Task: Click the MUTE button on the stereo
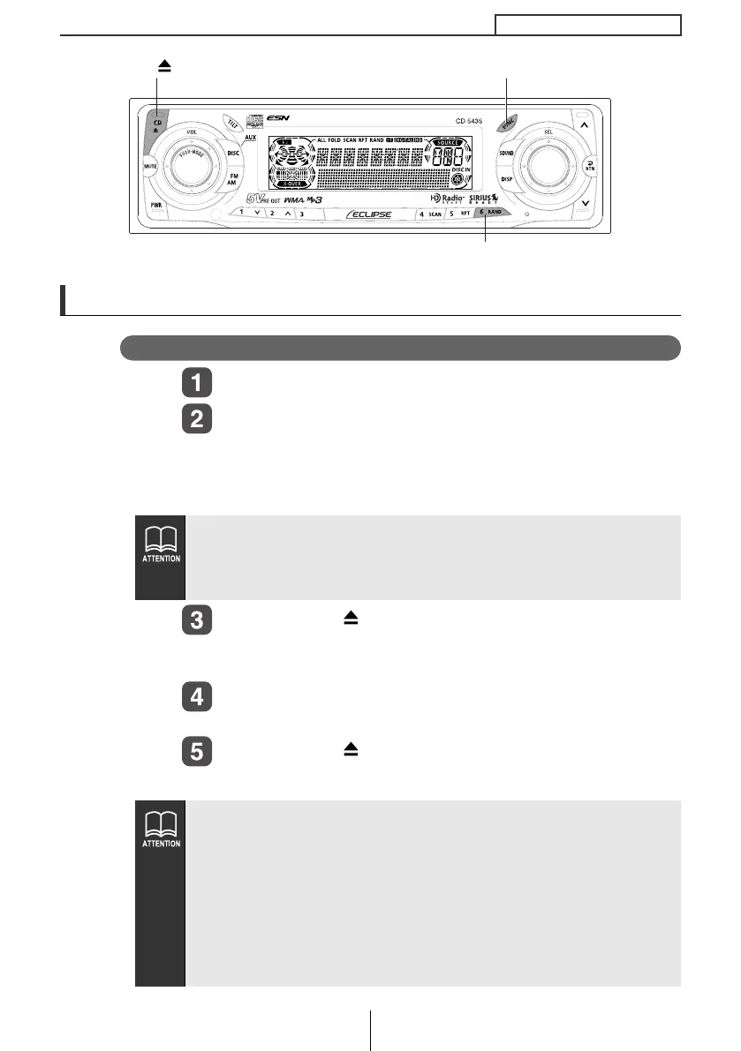coord(149,166)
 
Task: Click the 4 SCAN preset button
coord(430,214)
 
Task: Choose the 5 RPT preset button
coord(458,214)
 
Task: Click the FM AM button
coord(231,179)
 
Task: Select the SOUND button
coord(506,153)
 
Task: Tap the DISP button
coord(507,177)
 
